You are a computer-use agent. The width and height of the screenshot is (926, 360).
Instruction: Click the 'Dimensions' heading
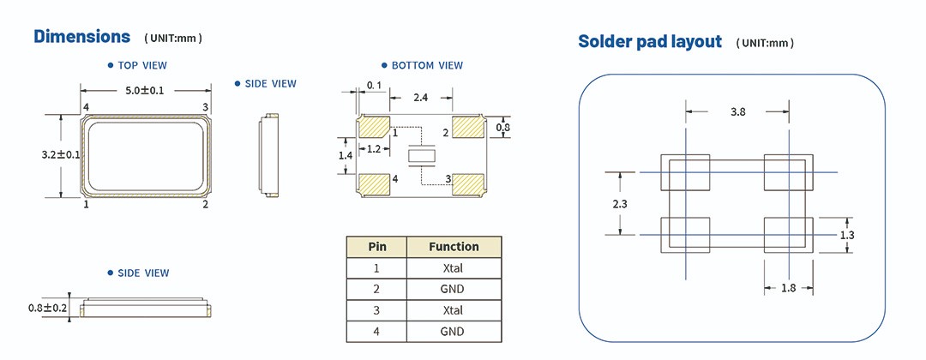pos(82,36)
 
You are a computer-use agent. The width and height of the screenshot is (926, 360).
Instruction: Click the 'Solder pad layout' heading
pos(650,41)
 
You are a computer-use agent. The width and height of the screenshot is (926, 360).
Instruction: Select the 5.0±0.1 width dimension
pos(145,89)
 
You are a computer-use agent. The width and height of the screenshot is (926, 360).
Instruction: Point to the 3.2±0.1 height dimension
pos(60,154)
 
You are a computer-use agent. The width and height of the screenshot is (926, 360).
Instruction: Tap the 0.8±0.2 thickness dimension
pos(48,308)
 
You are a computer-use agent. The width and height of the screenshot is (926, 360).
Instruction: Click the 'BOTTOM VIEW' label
pos(427,65)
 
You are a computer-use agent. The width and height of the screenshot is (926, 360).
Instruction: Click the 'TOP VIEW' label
pos(142,65)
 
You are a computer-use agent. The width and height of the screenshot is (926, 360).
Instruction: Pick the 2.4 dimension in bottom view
pos(421,99)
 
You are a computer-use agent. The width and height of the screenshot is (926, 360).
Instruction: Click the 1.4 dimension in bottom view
pos(346,155)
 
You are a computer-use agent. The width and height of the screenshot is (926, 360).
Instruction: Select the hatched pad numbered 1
pos(374,128)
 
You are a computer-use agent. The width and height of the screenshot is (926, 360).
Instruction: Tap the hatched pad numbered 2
pos(467,128)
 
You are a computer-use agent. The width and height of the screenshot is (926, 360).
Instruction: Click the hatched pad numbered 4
pos(374,183)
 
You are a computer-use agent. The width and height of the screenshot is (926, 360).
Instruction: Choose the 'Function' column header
pos(454,247)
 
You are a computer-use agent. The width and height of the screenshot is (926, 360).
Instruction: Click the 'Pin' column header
pos(377,247)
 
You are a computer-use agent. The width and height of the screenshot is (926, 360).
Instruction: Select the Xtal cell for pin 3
pos(454,310)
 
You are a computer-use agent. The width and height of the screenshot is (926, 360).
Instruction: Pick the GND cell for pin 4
pos(454,332)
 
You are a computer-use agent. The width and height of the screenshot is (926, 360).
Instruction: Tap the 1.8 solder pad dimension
pos(788,288)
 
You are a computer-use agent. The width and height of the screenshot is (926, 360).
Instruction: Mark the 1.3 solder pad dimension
pos(847,234)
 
